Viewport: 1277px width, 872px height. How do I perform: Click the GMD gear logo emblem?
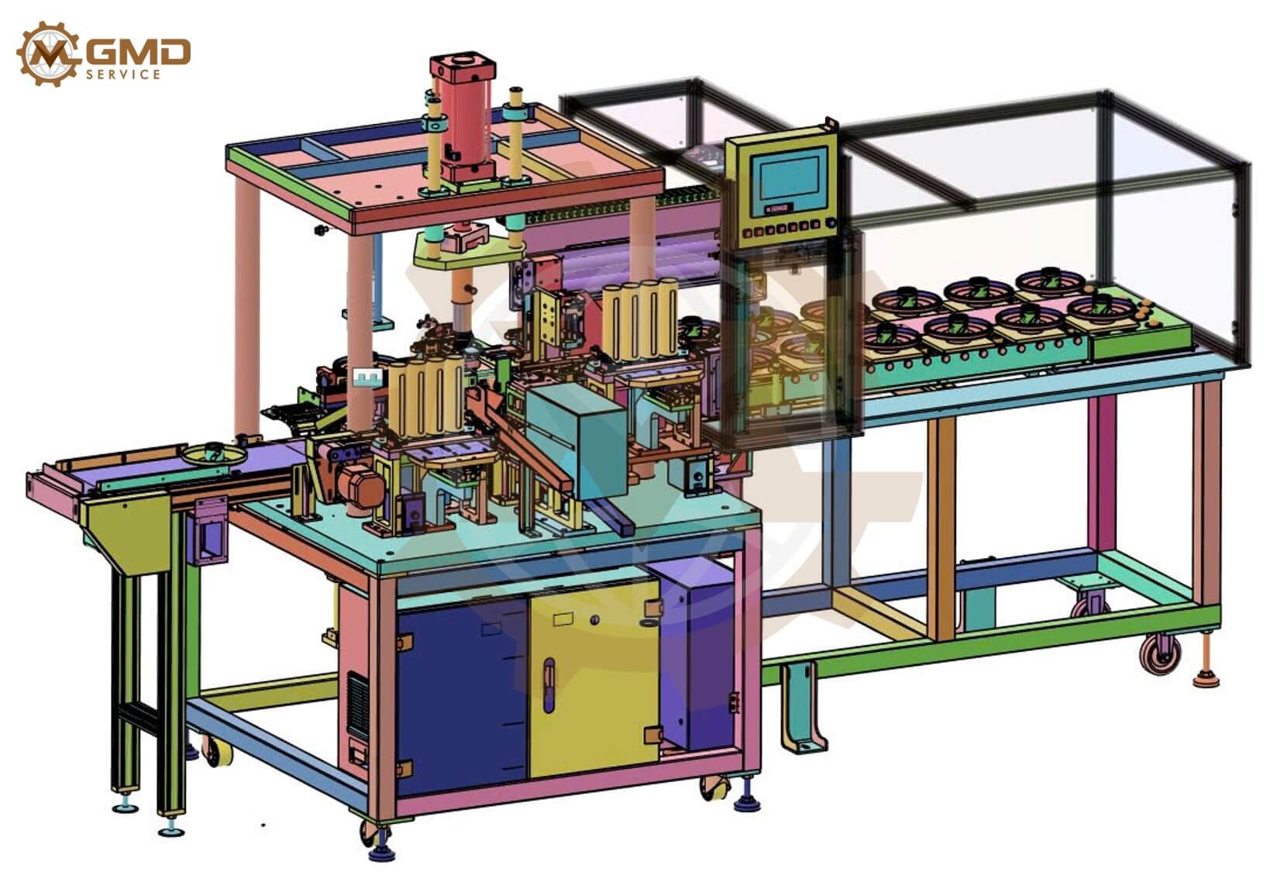click(48, 53)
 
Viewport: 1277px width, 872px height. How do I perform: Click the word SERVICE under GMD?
click(123, 74)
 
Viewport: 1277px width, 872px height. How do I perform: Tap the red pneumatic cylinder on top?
click(463, 117)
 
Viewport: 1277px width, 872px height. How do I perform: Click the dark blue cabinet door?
click(462, 696)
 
